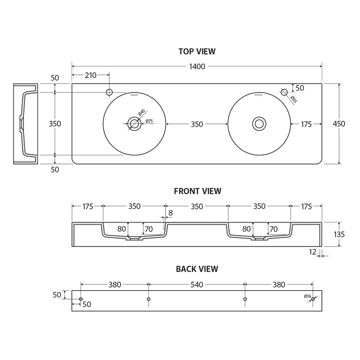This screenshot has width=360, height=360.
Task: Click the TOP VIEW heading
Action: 197,51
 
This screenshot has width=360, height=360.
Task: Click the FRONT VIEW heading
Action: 197,191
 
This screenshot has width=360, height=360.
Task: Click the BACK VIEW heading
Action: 197,269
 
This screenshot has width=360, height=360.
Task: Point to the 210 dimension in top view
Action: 90,75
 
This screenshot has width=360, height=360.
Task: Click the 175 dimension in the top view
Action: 307,124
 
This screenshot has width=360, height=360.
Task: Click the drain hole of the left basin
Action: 134,123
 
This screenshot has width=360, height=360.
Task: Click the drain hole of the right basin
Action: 259,123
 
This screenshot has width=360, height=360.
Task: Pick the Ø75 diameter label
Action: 149,121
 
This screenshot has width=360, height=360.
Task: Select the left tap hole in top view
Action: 109,92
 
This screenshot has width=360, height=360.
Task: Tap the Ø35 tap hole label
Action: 293,99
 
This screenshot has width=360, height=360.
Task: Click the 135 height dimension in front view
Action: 339,234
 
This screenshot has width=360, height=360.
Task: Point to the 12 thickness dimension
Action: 313,252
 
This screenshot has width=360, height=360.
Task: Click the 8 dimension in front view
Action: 170,213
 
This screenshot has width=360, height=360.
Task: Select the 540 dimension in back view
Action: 197,284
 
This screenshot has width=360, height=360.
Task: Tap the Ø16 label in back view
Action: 307,296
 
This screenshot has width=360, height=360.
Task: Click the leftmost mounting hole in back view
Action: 81,299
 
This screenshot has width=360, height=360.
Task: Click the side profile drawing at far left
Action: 24,124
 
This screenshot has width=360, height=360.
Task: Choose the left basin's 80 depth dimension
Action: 121,229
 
